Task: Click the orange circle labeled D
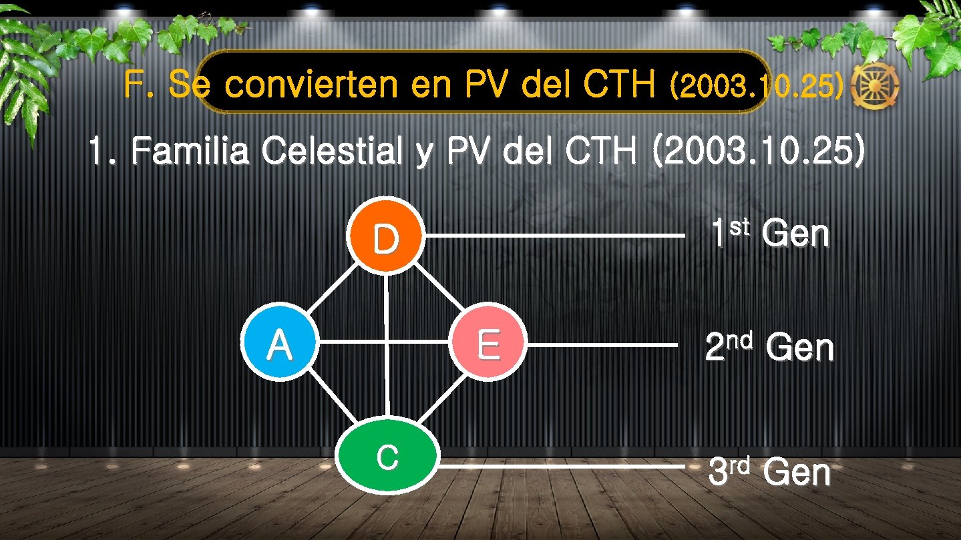pyautogui.click(x=385, y=236)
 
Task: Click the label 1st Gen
pyautogui.click(x=770, y=234)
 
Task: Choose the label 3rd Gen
pyautogui.click(x=769, y=472)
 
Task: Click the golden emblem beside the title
pyautogui.click(x=876, y=87)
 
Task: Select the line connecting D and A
pyautogui.click(x=331, y=290)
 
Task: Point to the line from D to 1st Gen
pyautogui.click(x=554, y=236)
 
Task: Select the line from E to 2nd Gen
pyautogui.click(x=601, y=345)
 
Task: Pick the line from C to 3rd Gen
pyautogui.click(x=561, y=467)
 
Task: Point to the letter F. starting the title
pyautogui.click(x=138, y=85)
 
